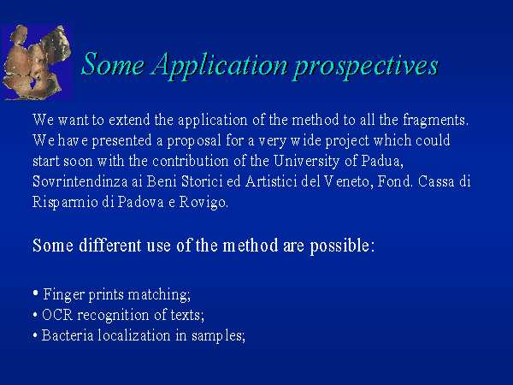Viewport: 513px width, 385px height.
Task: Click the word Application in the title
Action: click(x=220, y=66)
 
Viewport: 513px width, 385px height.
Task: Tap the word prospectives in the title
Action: click(x=366, y=68)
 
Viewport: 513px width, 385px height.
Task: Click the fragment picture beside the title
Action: click(x=36, y=62)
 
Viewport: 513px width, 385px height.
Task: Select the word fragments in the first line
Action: click(x=435, y=120)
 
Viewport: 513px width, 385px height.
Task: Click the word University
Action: click(x=307, y=161)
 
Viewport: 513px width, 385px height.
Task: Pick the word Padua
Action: click(x=382, y=161)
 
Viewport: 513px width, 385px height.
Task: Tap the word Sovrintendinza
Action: click(x=80, y=181)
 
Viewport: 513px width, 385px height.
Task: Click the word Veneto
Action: click(x=349, y=181)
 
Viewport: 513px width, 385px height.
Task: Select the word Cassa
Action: click(x=436, y=181)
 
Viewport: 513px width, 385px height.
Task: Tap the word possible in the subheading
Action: click(x=342, y=246)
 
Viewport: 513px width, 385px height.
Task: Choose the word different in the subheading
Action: click(x=110, y=246)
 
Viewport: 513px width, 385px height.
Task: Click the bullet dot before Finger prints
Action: click(x=36, y=293)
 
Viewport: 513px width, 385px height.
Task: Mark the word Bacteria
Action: click(x=68, y=335)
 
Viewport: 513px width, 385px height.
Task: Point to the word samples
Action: click(x=218, y=336)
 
